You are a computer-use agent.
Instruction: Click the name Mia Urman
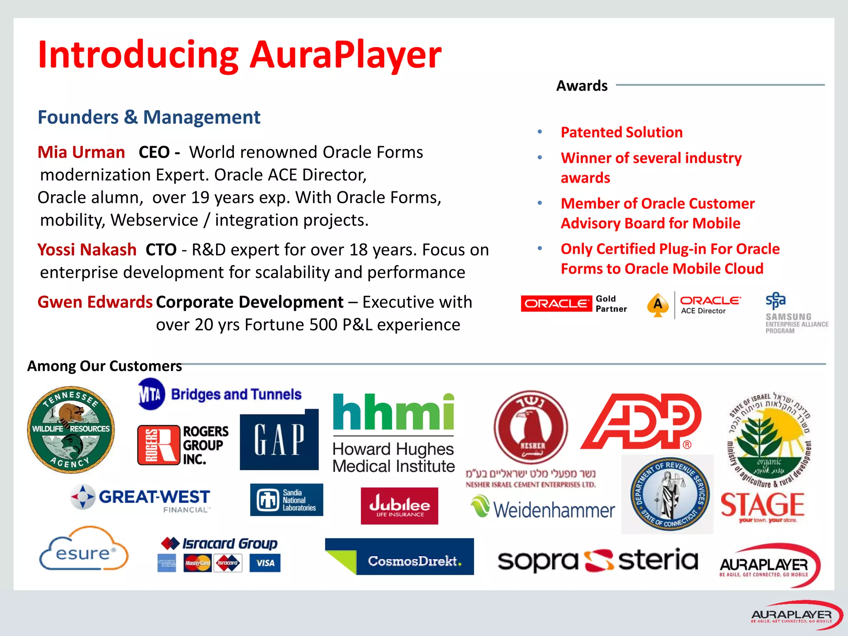coord(81,152)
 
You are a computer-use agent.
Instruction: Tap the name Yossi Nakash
coord(87,250)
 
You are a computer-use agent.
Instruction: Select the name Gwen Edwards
coord(95,302)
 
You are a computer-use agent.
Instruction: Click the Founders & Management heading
coord(149,117)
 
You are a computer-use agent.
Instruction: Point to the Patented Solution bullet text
coord(622,132)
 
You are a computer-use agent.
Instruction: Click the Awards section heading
coord(582,86)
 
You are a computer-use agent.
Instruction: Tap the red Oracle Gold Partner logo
coord(556,304)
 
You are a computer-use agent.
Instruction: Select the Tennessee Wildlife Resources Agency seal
coord(71,430)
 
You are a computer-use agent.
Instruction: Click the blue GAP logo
coord(279,440)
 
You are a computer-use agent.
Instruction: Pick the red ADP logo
coord(641,422)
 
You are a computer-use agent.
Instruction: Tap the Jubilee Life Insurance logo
coord(399,506)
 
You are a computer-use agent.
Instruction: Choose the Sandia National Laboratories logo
coord(287,500)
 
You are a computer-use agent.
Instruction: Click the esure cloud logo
coord(84,549)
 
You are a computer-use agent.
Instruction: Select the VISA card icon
coord(265,563)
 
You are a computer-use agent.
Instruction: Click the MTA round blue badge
coord(151,394)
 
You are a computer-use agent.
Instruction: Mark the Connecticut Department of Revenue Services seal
coord(667,494)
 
